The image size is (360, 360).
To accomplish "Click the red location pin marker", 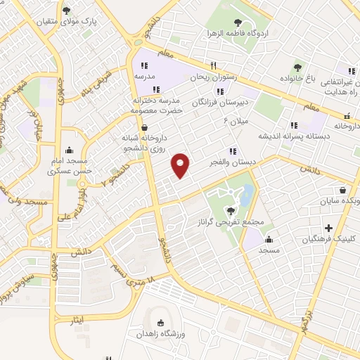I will tap(181, 165).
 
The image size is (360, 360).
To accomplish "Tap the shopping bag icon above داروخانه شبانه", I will tap(145, 127).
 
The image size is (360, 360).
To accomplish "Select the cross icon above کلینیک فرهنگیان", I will tap(328, 227).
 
